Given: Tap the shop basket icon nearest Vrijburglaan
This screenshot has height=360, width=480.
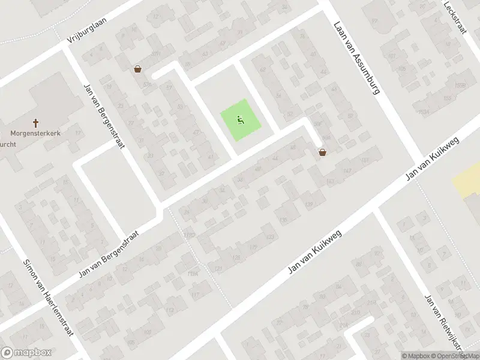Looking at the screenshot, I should tap(138, 69).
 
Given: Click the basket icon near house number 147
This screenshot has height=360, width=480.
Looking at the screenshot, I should tap(323, 152).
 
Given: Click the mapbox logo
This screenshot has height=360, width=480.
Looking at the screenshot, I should tap(26, 352).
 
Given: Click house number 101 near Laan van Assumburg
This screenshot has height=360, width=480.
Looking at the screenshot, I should tap(392, 57).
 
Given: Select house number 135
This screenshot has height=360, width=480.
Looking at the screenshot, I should tap(284, 220).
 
